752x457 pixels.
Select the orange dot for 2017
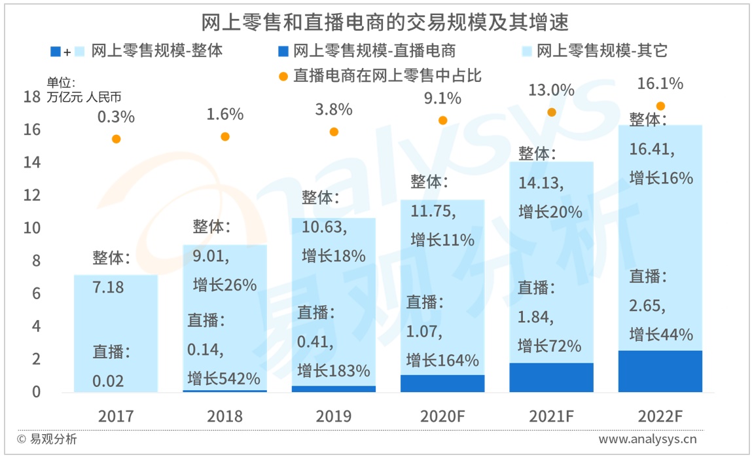[x=116, y=139]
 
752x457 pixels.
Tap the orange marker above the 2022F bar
[x=660, y=106]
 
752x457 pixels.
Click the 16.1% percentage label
[x=660, y=84]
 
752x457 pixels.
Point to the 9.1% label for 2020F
[x=442, y=99]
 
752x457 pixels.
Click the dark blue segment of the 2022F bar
[x=660, y=371]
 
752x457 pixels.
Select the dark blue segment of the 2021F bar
[x=551, y=377]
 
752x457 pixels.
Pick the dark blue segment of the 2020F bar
[x=442, y=384]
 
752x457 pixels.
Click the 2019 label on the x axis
[x=334, y=416]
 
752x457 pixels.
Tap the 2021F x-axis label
[x=551, y=416]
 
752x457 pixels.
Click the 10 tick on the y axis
[x=31, y=228]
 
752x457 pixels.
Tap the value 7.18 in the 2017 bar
[x=109, y=287]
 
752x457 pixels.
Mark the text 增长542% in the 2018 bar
[x=224, y=378]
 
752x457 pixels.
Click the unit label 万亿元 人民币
[x=84, y=97]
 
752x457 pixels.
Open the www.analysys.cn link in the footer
[x=647, y=439]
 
